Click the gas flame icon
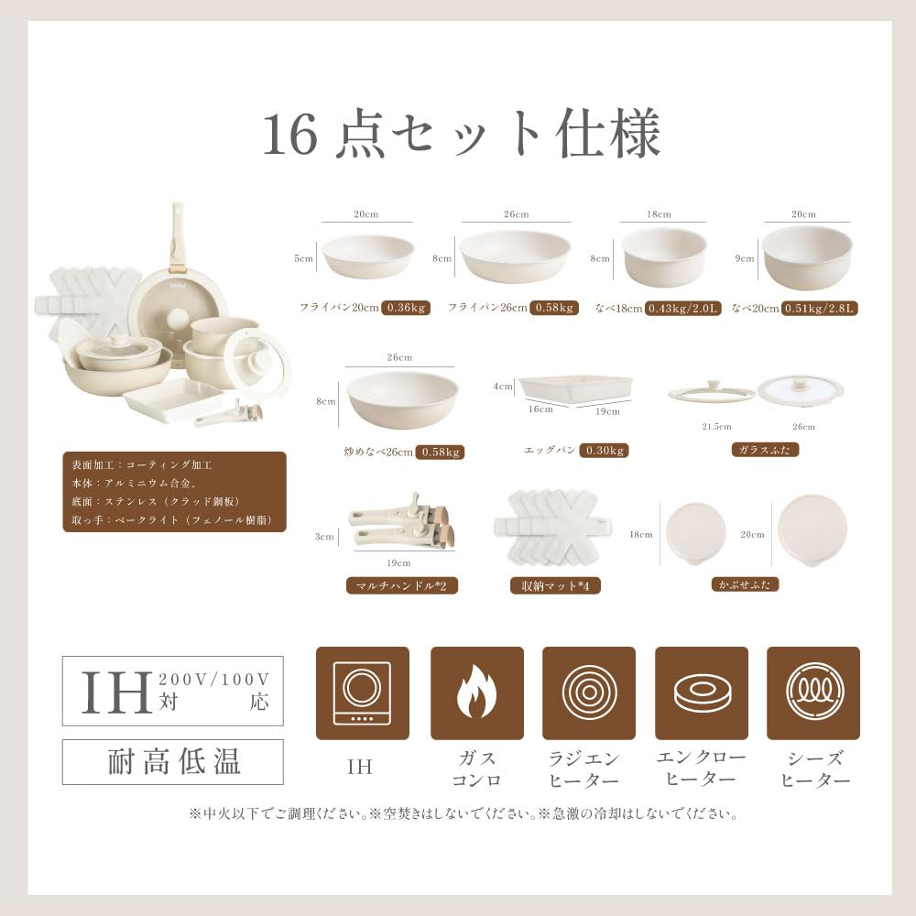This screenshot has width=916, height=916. tap(476, 693)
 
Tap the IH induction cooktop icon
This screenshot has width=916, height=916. tap(361, 693)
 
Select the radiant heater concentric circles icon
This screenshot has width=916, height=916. tap(588, 693)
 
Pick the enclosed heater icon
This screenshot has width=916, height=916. tap(701, 693)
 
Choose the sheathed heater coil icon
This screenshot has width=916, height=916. tap(812, 693)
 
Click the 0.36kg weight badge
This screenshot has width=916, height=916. tap(406, 308)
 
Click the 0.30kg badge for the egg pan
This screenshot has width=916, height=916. tap(605, 451)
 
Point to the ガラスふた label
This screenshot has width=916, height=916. tap(766, 450)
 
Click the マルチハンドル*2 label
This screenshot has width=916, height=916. tap(401, 585)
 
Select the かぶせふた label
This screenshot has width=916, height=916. tap(745, 583)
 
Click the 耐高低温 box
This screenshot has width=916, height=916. tap(173, 762)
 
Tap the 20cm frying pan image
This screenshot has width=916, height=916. tap(367, 256)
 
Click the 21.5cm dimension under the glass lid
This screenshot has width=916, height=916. tap(715, 428)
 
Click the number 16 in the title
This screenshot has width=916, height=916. tap(289, 136)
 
